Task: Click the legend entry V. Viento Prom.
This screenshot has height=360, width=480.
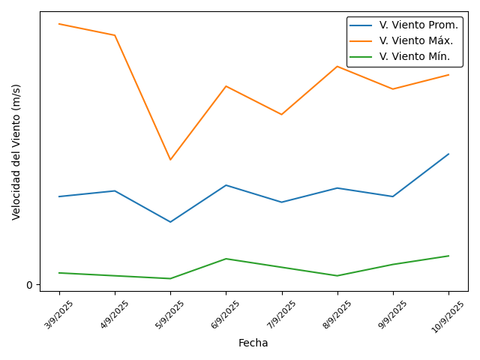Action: click(x=418, y=25)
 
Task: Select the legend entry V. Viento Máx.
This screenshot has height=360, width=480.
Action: click(x=416, y=40)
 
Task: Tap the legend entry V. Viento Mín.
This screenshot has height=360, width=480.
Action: click(x=415, y=56)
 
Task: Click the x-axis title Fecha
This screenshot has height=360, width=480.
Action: click(x=253, y=343)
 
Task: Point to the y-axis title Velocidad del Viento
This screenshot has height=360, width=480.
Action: click(x=16, y=151)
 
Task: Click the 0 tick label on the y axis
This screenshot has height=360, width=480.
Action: click(x=30, y=285)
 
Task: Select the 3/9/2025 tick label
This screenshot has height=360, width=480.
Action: click(x=59, y=314)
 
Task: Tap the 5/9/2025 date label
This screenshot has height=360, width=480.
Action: click(x=170, y=314)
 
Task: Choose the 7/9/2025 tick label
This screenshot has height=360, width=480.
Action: click(x=282, y=314)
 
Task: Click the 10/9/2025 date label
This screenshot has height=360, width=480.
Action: click(x=447, y=316)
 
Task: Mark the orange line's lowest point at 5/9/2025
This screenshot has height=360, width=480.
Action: click(x=170, y=160)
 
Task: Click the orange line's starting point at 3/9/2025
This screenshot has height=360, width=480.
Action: click(x=59, y=24)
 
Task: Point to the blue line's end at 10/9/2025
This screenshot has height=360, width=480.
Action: click(x=448, y=154)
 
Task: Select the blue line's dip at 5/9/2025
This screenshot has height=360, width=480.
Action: click(x=170, y=222)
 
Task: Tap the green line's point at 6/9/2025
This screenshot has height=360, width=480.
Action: click(x=226, y=259)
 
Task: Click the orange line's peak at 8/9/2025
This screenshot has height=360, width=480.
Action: click(x=337, y=66)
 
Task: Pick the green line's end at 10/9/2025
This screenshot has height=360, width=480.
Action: click(x=448, y=256)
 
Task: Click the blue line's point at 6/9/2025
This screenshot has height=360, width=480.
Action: click(x=226, y=185)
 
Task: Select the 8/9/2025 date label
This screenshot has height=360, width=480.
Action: click(x=337, y=314)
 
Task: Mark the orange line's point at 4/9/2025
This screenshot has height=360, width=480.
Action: click(x=115, y=35)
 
